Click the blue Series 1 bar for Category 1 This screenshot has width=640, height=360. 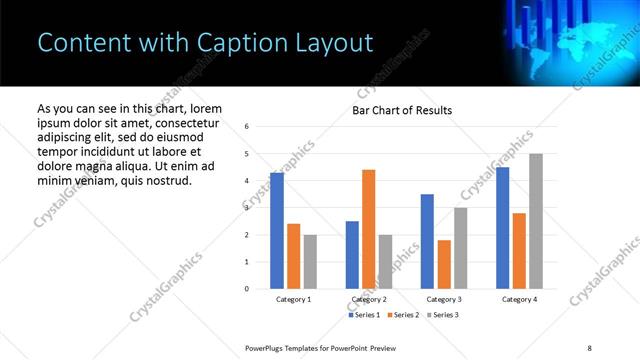277,231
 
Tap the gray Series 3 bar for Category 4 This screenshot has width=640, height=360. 535,221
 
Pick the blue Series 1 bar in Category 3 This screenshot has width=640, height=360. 427,241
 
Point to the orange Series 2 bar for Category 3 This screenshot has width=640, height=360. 444,264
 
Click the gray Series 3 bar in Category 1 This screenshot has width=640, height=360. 310,261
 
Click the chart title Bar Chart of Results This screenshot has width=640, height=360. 402,111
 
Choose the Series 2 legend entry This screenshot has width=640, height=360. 402,315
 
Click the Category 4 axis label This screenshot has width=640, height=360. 519,300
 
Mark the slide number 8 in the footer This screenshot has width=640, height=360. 589,346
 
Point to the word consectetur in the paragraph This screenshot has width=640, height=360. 183,122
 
